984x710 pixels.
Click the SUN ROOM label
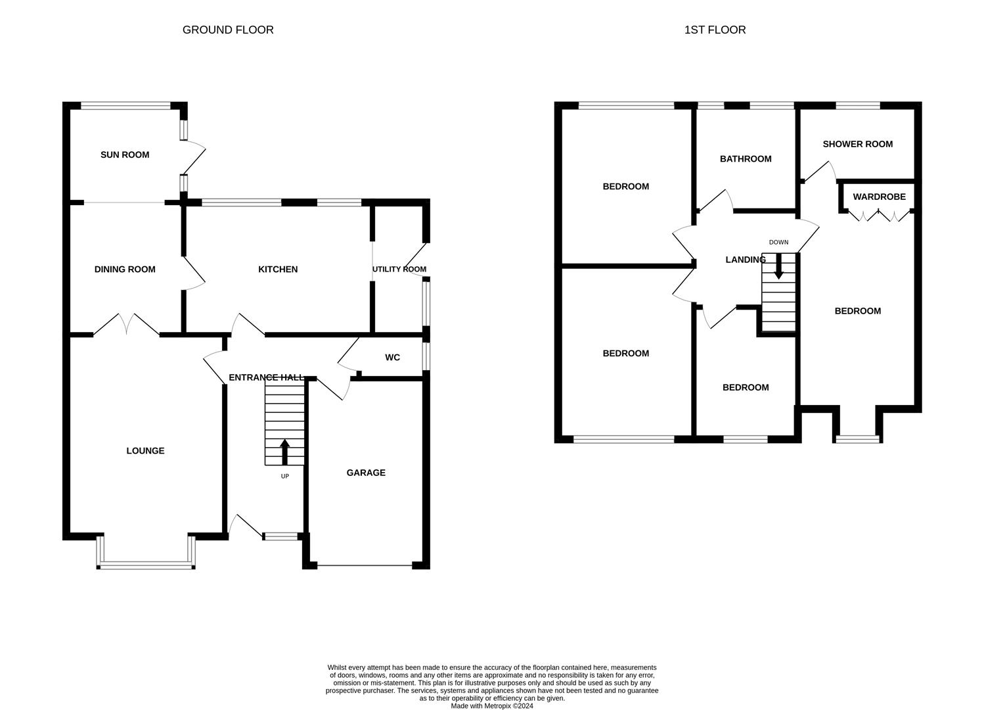(x=125, y=155)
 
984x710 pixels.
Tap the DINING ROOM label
(x=125, y=270)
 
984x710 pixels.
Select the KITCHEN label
(x=278, y=270)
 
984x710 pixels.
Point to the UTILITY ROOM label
(x=399, y=270)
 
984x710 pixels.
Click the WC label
(x=392, y=358)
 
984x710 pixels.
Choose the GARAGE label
(x=366, y=473)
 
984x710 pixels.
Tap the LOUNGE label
(x=145, y=451)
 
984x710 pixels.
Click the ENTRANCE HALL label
(x=266, y=377)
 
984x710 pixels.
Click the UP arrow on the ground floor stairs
(x=284, y=452)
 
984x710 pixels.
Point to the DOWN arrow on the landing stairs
(x=778, y=266)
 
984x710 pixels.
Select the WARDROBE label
(x=879, y=197)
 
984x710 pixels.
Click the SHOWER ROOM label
(x=857, y=144)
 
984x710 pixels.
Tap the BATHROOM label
(x=746, y=159)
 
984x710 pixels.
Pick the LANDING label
(x=746, y=260)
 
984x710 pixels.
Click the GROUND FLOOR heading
(x=228, y=30)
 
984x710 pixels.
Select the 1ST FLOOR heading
(x=715, y=30)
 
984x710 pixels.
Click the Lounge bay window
(x=146, y=563)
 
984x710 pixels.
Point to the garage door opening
(x=365, y=565)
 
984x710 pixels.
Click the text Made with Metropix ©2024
(x=491, y=706)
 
